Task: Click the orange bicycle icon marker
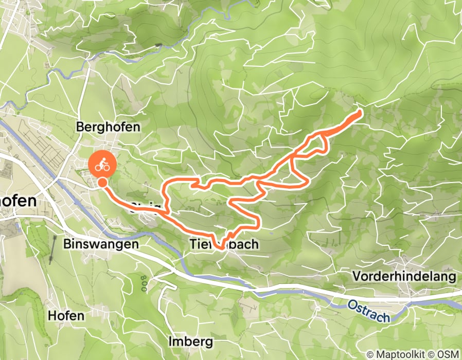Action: pos(103,165)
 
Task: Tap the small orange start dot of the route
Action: pos(103,182)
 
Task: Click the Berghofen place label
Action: pos(108,127)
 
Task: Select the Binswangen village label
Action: pos(102,244)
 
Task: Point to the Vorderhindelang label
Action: pos(404,277)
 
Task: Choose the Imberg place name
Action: pos(190,341)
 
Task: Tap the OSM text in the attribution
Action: pos(447,354)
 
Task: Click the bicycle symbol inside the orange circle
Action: pos(103,165)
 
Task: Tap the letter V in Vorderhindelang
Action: pos(356,277)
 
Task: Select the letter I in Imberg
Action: pos(171,341)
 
